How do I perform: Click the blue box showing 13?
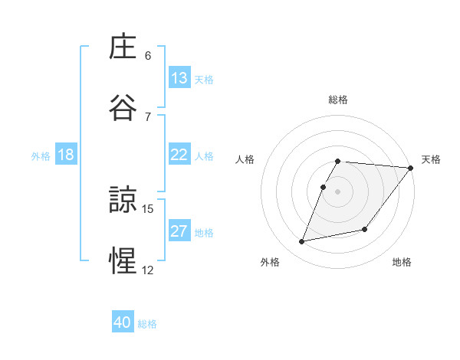(x=179, y=78)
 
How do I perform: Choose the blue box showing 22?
(x=179, y=155)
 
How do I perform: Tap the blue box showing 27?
(x=179, y=231)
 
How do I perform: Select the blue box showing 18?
(x=66, y=155)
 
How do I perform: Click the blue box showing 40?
(x=123, y=322)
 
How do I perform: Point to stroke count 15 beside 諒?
(x=149, y=208)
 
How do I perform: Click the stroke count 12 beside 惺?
(x=148, y=270)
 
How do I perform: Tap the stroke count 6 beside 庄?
(x=148, y=55)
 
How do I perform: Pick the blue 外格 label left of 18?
(x=41, y=156)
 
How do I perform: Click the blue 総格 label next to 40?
(x=147, y=324)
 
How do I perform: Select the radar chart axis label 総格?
(x=337, y=100)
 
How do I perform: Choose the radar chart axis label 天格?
(x=431, y=159)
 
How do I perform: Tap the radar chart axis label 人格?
(x=245, y=159)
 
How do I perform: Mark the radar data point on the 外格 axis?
(x=302, y=242)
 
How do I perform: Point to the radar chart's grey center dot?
(x=337, y=191)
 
